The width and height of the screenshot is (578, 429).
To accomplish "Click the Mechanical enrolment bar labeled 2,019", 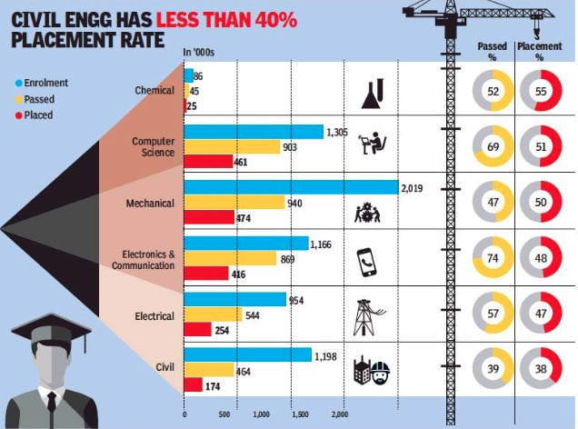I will [x=291, y=188].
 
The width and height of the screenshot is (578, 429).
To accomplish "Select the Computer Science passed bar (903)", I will [x=232, y=146].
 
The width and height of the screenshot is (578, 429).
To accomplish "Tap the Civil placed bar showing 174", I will [x=193, y=385].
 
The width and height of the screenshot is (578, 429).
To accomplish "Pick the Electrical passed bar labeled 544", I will [x=213, y=314].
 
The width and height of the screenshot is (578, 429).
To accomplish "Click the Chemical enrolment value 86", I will [x=198, y=75].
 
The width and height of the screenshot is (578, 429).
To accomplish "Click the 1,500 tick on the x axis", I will [x=301, y=414].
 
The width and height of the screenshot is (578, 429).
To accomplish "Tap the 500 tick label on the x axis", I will [x=223, y=414].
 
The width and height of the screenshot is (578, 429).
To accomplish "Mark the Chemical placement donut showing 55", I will [x=539, y=92].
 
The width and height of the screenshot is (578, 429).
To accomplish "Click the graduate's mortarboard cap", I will [x=51, y=324].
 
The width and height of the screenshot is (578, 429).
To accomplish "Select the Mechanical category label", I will [x=150, y=203].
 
